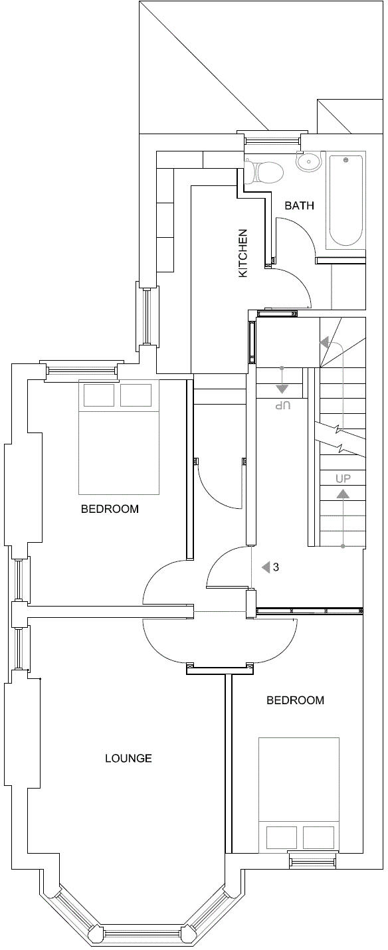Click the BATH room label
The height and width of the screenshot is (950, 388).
[299, 205]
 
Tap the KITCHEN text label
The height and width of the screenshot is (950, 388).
[243, 254]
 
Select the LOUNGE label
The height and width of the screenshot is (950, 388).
[128, 758]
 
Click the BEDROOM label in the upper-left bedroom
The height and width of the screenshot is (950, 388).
[110, 510]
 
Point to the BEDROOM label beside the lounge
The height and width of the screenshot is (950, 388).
[295, 700]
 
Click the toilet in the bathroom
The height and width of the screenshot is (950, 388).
[264, 171]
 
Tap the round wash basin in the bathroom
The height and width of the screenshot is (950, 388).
[308, 161]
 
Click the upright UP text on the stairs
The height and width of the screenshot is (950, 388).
[343, 478]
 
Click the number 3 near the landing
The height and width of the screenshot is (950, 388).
[276, 567]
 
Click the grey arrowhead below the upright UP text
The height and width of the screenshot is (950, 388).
[343, 494]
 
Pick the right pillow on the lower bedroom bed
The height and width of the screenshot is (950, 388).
[317, 837]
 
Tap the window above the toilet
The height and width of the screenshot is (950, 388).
[270, 140]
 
